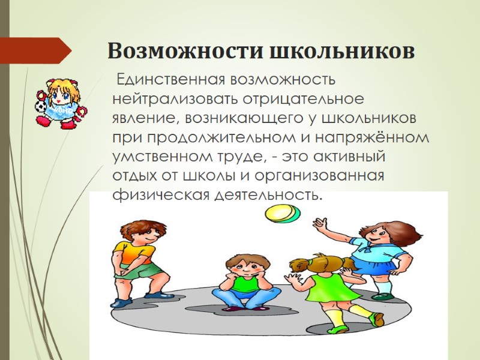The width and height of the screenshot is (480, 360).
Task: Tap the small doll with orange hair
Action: [61, 101]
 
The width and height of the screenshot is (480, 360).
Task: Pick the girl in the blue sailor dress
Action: [378, 252]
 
